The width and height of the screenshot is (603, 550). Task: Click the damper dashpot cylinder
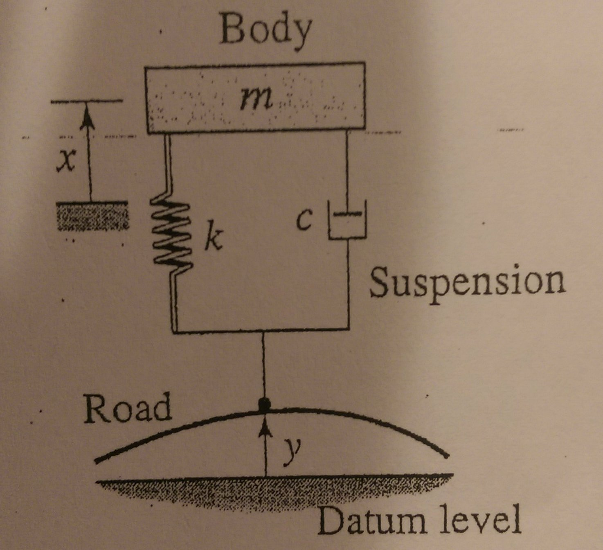tap(348, 221)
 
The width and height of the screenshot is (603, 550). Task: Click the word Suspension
tap(467, 282)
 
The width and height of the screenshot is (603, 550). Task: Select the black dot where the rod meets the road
tap(265, 405)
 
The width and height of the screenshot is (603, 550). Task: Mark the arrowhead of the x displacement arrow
tap(87, 115)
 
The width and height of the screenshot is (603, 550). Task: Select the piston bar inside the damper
tap(347, 214)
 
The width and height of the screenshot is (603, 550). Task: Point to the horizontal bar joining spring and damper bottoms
tap(262, 329)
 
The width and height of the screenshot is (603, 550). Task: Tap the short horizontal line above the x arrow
tap(86, 101)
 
